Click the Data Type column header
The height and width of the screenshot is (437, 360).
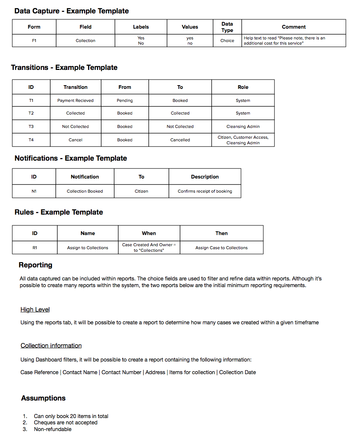(x=227, y=27)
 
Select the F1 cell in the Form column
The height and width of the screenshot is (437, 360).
(x=34, y=41)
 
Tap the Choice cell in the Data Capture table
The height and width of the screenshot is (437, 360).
(x=227, y=41)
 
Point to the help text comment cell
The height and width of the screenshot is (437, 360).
(x=293, y=41)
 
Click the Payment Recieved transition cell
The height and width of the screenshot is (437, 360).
(x=75, y=100)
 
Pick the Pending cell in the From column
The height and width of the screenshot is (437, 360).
(x=125, y=100)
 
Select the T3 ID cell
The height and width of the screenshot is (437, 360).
(x=31, y=126)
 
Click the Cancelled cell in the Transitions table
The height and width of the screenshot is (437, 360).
(x=180, y=140)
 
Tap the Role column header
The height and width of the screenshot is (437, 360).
(x=243, y=87)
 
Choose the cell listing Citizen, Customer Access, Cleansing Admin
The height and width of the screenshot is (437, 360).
(x=243, y=140)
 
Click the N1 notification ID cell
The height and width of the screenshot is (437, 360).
(x=34, y=191)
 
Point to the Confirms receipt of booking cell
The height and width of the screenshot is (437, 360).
(x=205, y=191)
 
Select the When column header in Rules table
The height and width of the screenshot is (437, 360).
(x=149, y=233)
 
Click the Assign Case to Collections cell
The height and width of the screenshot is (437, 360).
(x=221, y=248)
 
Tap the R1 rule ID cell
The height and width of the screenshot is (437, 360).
(x=35, y=248)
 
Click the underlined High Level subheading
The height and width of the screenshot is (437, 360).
(x=35, y=309)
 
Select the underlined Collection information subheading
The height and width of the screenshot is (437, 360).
(x=51, y=346)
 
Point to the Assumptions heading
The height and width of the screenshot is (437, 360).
(x=43, y=398)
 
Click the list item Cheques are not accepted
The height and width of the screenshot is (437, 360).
(x=65, y=422)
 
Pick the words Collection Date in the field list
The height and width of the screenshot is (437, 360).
(x=237, y=372)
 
